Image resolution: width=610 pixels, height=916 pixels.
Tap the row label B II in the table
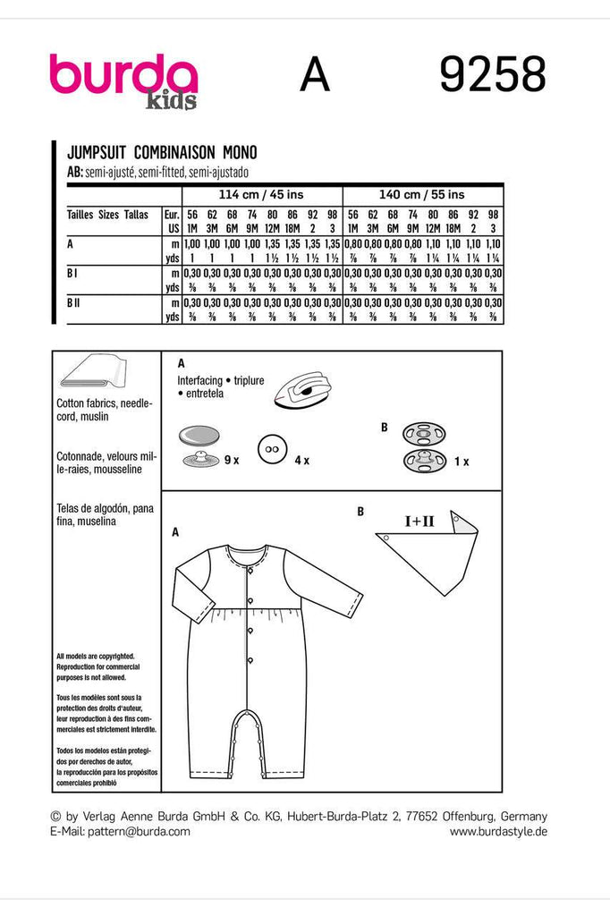click(76, 304)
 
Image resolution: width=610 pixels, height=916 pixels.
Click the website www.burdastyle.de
click(498, 831)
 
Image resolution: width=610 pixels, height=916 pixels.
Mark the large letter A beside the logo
click(315, 76)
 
